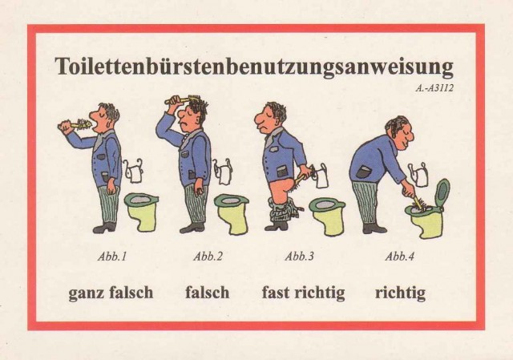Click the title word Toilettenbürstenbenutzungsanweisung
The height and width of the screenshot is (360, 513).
[x=254, y=67]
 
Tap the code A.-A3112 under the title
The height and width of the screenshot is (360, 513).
[x=434, y=88]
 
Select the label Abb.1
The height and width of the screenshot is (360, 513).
[x=112, y=257]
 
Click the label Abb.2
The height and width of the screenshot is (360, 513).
[x=208, y=257]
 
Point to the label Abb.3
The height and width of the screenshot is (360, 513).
[x=299, y=257]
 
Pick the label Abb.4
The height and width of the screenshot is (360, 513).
[x=399, y=257]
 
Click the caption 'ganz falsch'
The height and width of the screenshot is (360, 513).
[x=111, y=293]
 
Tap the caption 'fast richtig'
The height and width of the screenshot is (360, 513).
[x=303, y=293]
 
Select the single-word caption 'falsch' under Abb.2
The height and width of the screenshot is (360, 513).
[x=207, y=292]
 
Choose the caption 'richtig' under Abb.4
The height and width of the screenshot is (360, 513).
[x=400, y=293]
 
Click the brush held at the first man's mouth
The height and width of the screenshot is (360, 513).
[x=75, y=125]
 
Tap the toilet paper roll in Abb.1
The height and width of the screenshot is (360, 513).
[x=134, y=171]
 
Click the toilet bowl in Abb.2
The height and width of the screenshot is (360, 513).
[x=232, y=212]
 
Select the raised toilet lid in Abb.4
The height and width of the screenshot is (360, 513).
[x=442, y=192]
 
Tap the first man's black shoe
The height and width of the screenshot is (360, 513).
[x=104, y=227]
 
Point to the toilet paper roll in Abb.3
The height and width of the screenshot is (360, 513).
[x=321, y=176]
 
